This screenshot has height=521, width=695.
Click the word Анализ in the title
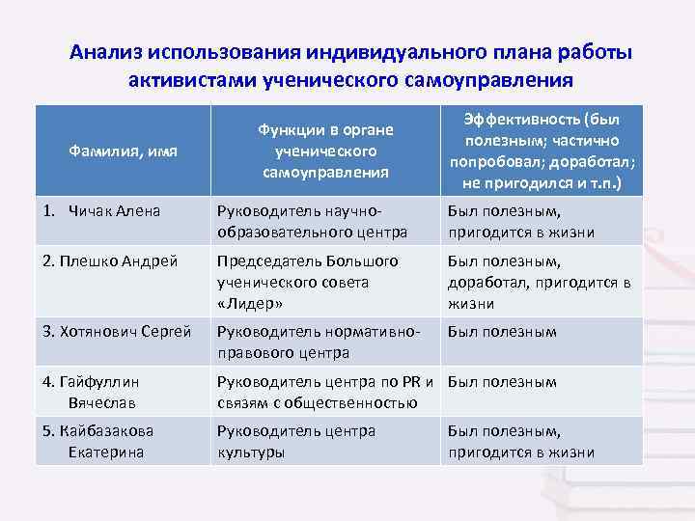coord(107,52)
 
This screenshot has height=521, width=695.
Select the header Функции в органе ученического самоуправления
coord(325,151)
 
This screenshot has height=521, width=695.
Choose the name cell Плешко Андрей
coord(111,261)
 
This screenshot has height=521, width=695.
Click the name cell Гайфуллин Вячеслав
coord(101,390)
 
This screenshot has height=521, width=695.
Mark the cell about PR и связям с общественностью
coord(326,391)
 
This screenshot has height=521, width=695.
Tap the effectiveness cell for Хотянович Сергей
coord(502,332)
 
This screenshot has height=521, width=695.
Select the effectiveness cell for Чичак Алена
coord(520,222)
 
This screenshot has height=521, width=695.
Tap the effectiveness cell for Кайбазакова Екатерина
coord(520,441)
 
